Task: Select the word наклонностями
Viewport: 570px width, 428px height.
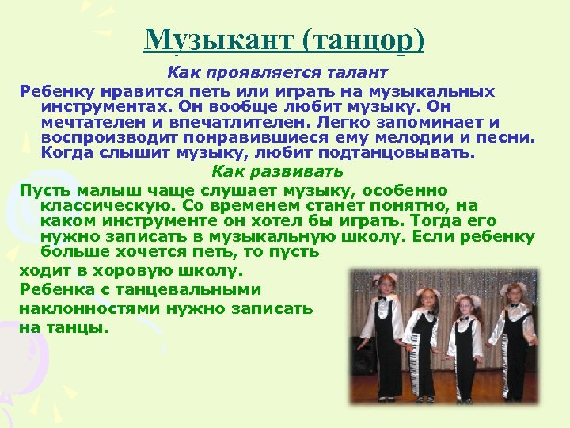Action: (89, 308)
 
